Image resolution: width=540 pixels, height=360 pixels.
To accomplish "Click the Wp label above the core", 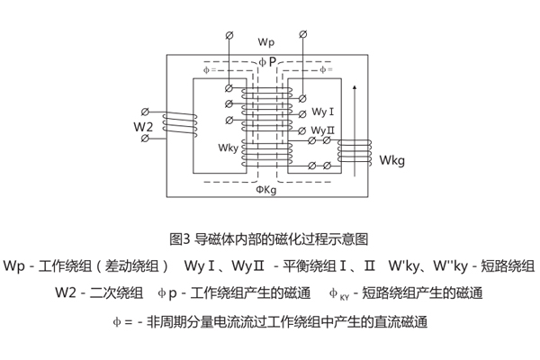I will [x=266, y=43].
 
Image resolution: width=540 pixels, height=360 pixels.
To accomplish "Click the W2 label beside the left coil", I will [x=144, y=127].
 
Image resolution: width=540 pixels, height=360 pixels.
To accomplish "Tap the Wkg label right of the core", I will [x=393, y=161].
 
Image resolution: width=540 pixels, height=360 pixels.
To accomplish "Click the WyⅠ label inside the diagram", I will [x=323, y=112].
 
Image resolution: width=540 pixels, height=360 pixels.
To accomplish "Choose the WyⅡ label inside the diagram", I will [x=324, y=130].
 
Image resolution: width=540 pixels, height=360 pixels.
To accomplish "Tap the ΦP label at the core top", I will [x=268, y=61].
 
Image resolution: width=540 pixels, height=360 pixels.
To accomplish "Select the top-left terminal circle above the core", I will [x=228, y=36].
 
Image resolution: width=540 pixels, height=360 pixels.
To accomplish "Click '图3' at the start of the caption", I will [x=178, y=239].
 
